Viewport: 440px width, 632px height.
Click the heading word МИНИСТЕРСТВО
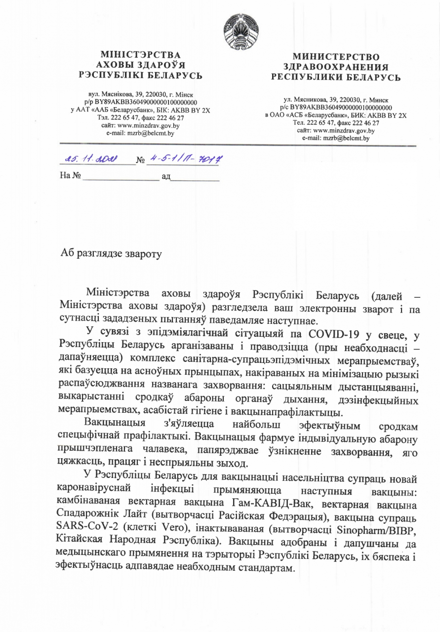click(x=336, y=57)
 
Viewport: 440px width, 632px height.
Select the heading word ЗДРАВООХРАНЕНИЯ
click(x=336, y=67)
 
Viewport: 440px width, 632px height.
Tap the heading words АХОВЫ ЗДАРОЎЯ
click(x=141, y=65)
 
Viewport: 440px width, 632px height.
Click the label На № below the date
click(x=70, y=176)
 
